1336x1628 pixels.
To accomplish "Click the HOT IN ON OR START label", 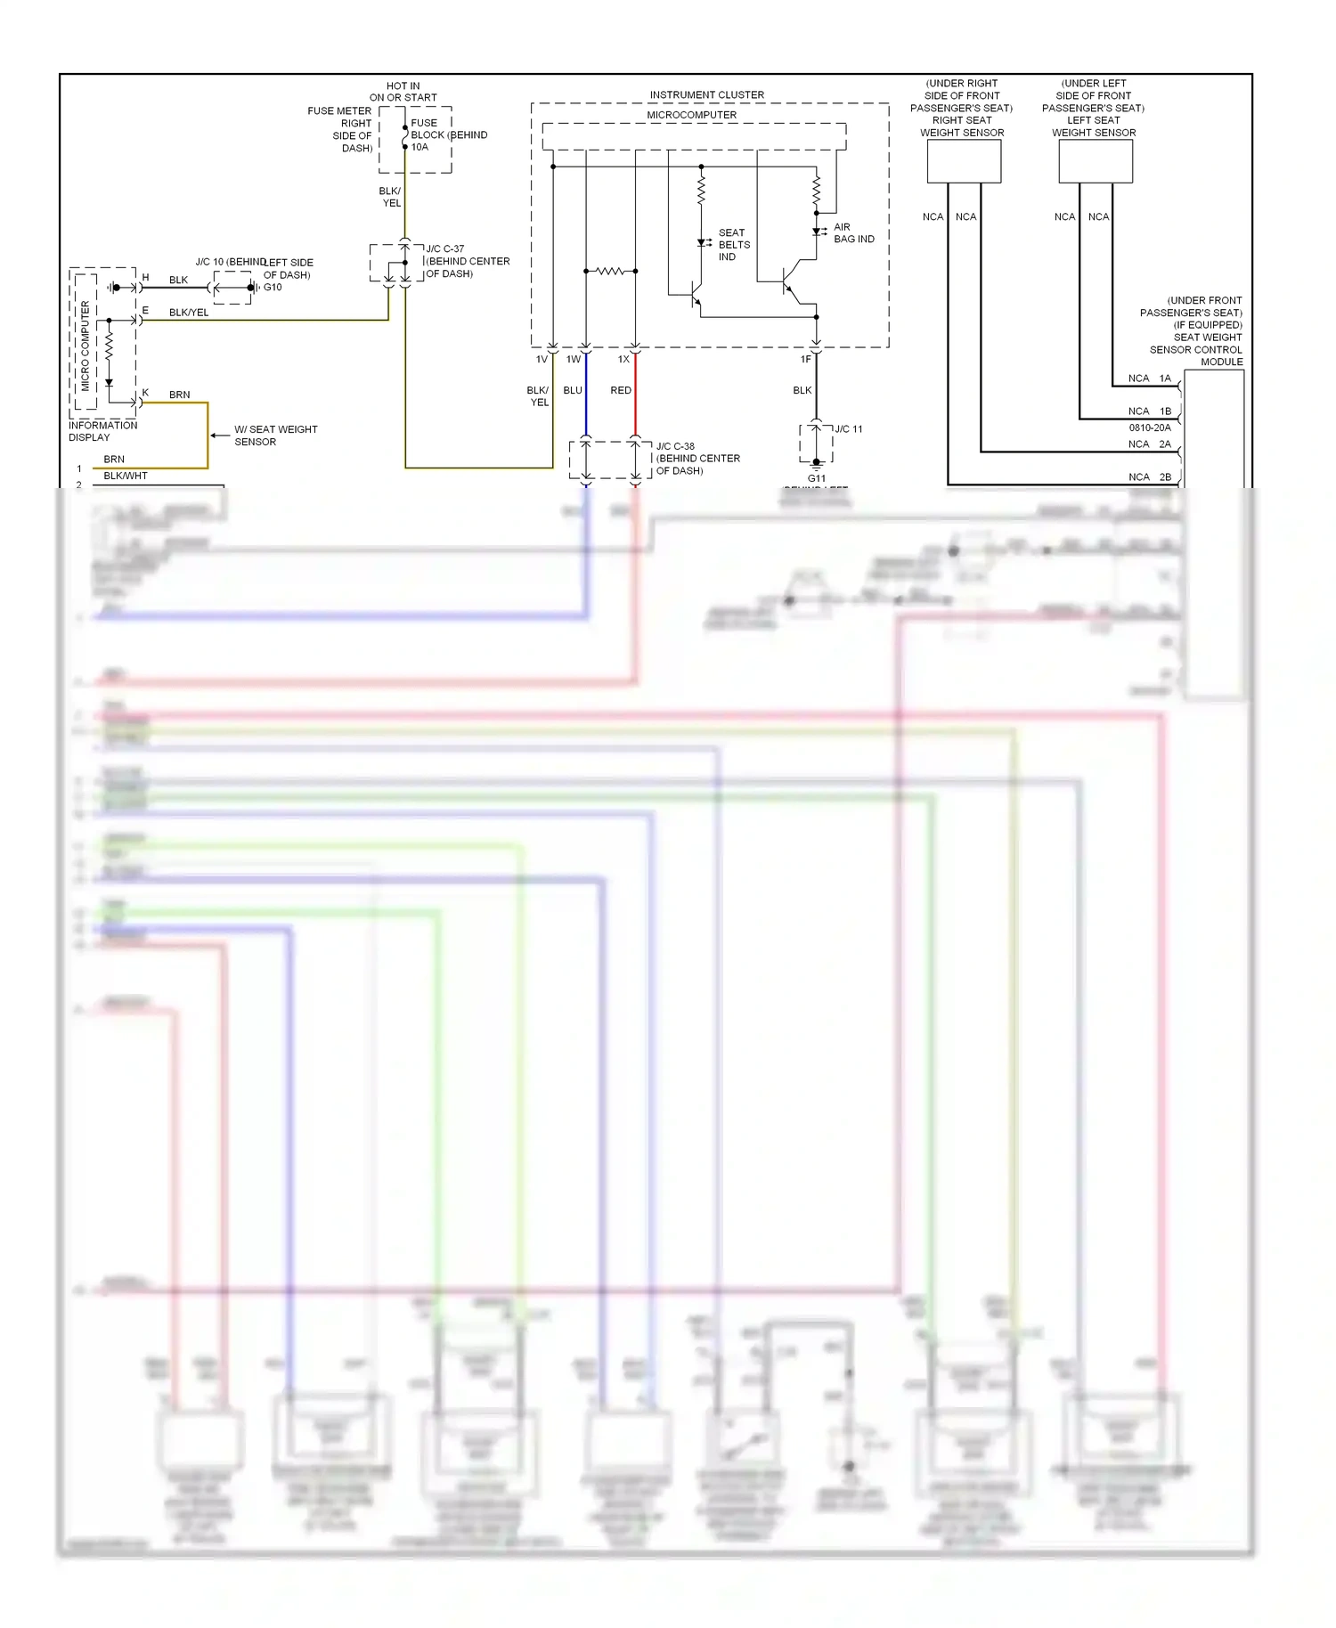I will click(403, 92).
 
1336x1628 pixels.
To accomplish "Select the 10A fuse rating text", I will click(420, 148).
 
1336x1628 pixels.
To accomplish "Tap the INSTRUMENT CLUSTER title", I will click(706, 94).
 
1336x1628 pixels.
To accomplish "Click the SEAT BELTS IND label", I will click(733, 245).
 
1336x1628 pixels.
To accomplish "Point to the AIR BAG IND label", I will click(852, 233).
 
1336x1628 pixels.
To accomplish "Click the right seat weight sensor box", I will click(964, 161).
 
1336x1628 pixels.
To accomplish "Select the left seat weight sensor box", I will click(1095, 161).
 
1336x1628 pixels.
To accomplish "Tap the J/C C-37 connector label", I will click(444, 249).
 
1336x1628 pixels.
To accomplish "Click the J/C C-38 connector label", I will click(675, 446).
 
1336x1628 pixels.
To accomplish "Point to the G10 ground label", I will click(273, 288).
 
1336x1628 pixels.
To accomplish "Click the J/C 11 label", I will click(848, 429).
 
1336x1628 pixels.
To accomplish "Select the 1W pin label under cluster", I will click(573, 360).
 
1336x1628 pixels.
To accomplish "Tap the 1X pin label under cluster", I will click(623, 360).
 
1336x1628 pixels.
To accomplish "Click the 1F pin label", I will click(805, 360).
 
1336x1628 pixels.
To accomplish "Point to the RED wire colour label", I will click(621, 391).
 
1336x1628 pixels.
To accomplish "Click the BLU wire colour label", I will click(573, 391).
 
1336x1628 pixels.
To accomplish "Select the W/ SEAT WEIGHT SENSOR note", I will click(275, 435).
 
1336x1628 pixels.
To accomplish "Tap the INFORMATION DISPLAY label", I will click(102, 431).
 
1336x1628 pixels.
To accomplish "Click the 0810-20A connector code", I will click(1149, 428).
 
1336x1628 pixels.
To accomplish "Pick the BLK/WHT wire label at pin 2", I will click(126, 476).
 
